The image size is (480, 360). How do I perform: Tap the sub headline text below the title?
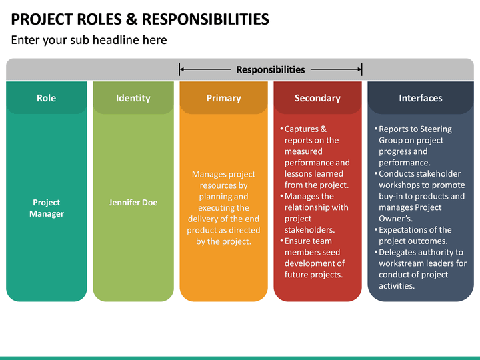pos(89,40)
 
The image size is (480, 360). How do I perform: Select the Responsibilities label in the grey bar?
pos(271,69)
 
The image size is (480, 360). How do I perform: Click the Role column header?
pos(46,98)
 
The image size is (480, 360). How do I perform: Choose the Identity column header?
pos(133,98)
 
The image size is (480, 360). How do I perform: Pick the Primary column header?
pos(223,98)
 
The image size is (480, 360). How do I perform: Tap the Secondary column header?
pos(317,98)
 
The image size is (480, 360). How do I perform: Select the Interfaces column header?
pos(420,98)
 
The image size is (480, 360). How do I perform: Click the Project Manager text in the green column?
pos(46,208)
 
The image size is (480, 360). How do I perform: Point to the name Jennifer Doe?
pos(133,202)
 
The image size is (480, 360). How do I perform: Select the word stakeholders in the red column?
pos(309,230)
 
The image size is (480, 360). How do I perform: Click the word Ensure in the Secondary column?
pos(298,241)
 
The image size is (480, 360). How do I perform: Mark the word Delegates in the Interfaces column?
pos(399,253)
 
